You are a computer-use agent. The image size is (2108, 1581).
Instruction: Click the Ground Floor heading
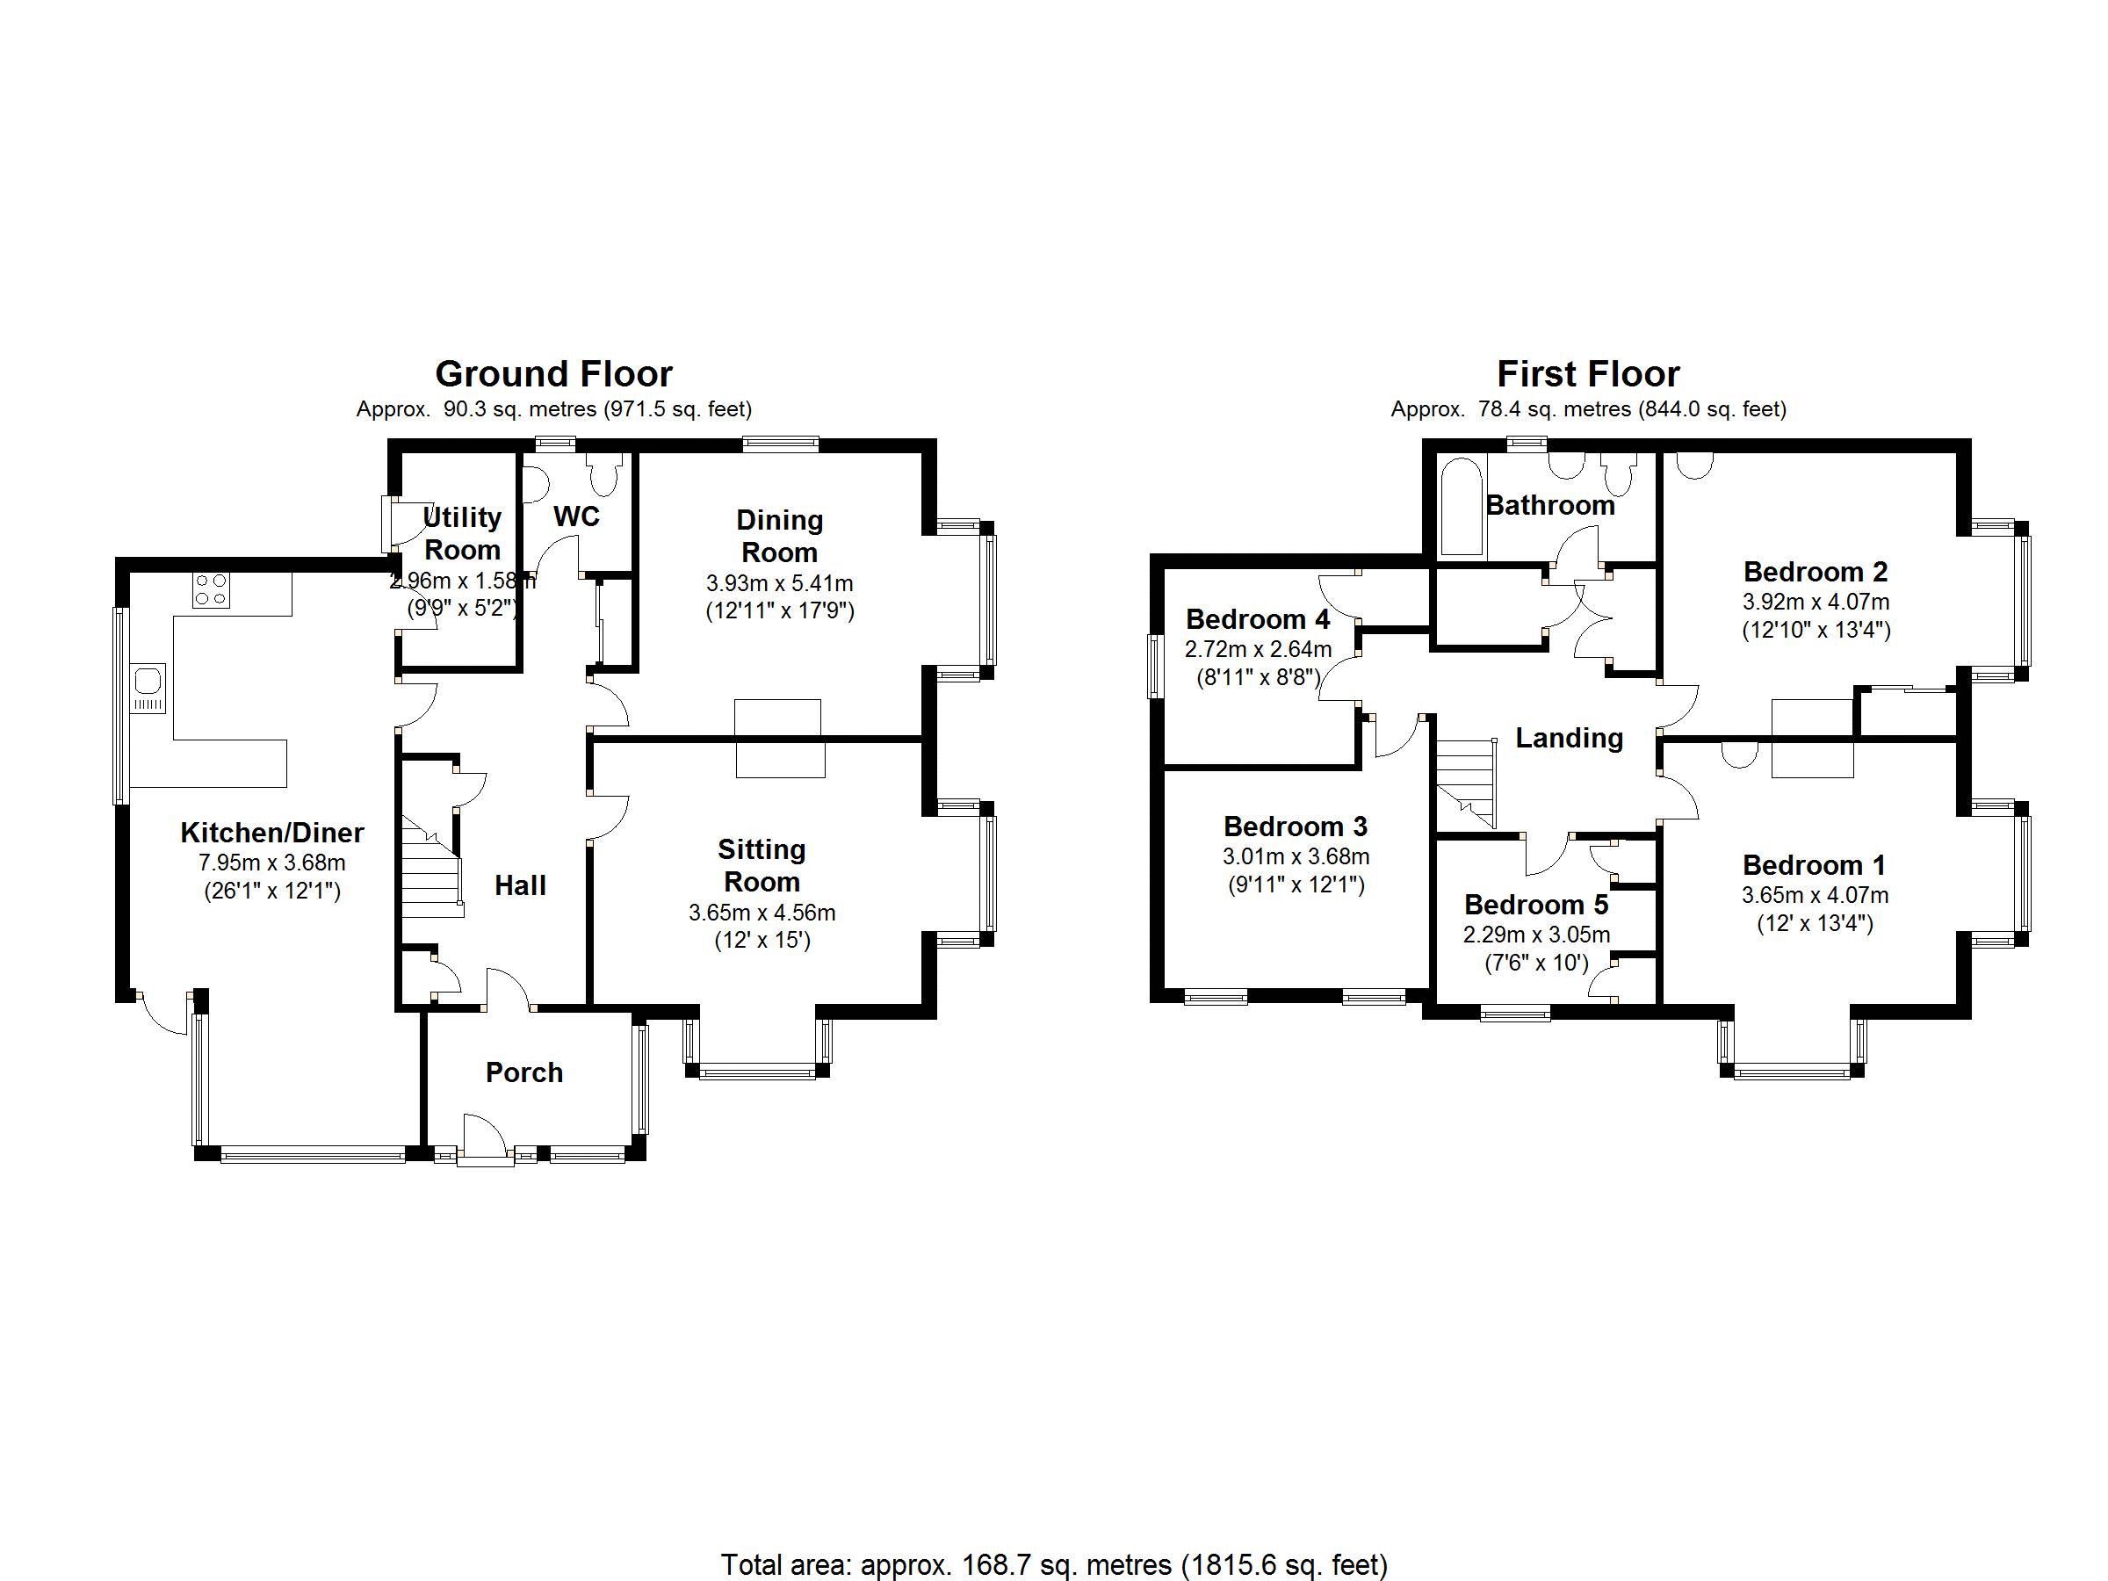[553, 373]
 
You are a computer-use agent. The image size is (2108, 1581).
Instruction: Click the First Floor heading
[1588, 373]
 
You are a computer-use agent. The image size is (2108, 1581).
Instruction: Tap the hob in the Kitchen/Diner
[211, 590]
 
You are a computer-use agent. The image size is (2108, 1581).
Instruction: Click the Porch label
[524, 1073]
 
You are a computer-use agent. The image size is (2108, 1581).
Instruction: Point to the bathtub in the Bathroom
[1460, 506]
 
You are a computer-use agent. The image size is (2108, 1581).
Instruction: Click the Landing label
[1569, 738]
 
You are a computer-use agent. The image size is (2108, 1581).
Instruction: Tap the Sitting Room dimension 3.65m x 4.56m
[762, 913]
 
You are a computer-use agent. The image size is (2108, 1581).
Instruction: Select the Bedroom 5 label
[1536, 905]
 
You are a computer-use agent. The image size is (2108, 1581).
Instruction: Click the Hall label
[520, 885]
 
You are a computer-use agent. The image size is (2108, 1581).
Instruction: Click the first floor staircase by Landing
[1466, 782]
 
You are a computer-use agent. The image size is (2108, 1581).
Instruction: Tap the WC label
[576, 516]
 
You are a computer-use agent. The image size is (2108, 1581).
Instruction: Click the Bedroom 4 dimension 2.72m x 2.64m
[1258, 650]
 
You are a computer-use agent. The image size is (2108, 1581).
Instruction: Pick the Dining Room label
[780, 536]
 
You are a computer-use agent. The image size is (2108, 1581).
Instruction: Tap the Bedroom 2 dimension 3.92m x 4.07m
[1816, 603]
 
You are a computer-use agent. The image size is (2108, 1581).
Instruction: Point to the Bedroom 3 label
[1296, 827]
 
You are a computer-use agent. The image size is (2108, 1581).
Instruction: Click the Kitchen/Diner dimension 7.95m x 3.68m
[271, 863]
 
